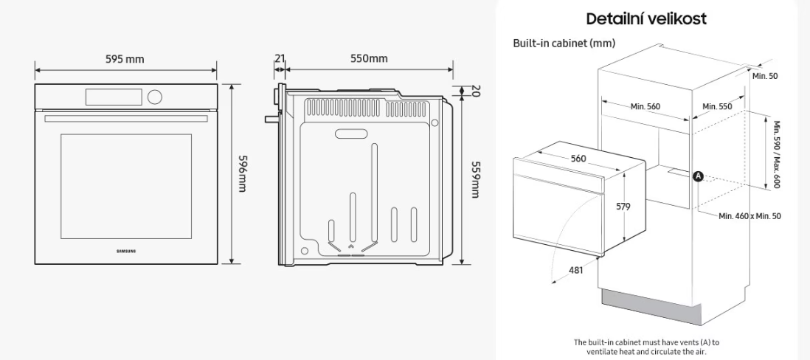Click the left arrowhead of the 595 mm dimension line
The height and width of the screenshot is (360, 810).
point(36,69)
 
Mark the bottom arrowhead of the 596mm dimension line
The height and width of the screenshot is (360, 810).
point(232,263)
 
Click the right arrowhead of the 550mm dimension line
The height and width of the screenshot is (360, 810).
point(452,69)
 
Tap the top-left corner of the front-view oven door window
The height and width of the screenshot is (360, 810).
point(61,134)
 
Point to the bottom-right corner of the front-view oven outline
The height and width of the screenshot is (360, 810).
point(218,264)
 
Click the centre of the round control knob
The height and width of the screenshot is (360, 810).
point(154,96)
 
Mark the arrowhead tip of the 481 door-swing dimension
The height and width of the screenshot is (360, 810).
point(551,282)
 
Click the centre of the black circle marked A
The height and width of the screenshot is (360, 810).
point(698,176)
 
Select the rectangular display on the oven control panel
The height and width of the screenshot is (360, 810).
point(114,97)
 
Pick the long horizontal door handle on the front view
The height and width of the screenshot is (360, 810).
point(126,119)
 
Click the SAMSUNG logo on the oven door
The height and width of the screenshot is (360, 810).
point(126,251)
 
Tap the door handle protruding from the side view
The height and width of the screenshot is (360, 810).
point(271,120)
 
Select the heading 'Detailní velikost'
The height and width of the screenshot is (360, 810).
point(646,19)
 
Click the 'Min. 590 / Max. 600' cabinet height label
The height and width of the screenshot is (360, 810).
point(776,154)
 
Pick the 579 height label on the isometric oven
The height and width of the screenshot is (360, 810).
point(623,207)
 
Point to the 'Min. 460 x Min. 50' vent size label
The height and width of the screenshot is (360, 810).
point(750,216)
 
